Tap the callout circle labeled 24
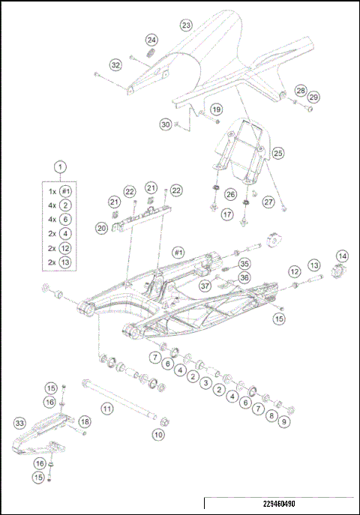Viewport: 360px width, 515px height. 151,39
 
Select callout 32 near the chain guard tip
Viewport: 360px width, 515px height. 115,65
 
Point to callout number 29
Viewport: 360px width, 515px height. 313,97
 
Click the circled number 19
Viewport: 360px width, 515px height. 215,110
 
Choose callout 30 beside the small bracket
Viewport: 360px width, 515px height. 166,124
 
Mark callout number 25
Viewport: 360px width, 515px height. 278,153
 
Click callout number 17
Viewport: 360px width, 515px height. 227,214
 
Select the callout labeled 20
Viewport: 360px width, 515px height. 101,227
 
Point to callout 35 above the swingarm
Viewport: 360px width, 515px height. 244,264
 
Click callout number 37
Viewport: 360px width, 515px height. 204,285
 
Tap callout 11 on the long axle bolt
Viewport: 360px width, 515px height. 107,409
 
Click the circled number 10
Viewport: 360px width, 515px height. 158,434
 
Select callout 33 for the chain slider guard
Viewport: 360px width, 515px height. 20,423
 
